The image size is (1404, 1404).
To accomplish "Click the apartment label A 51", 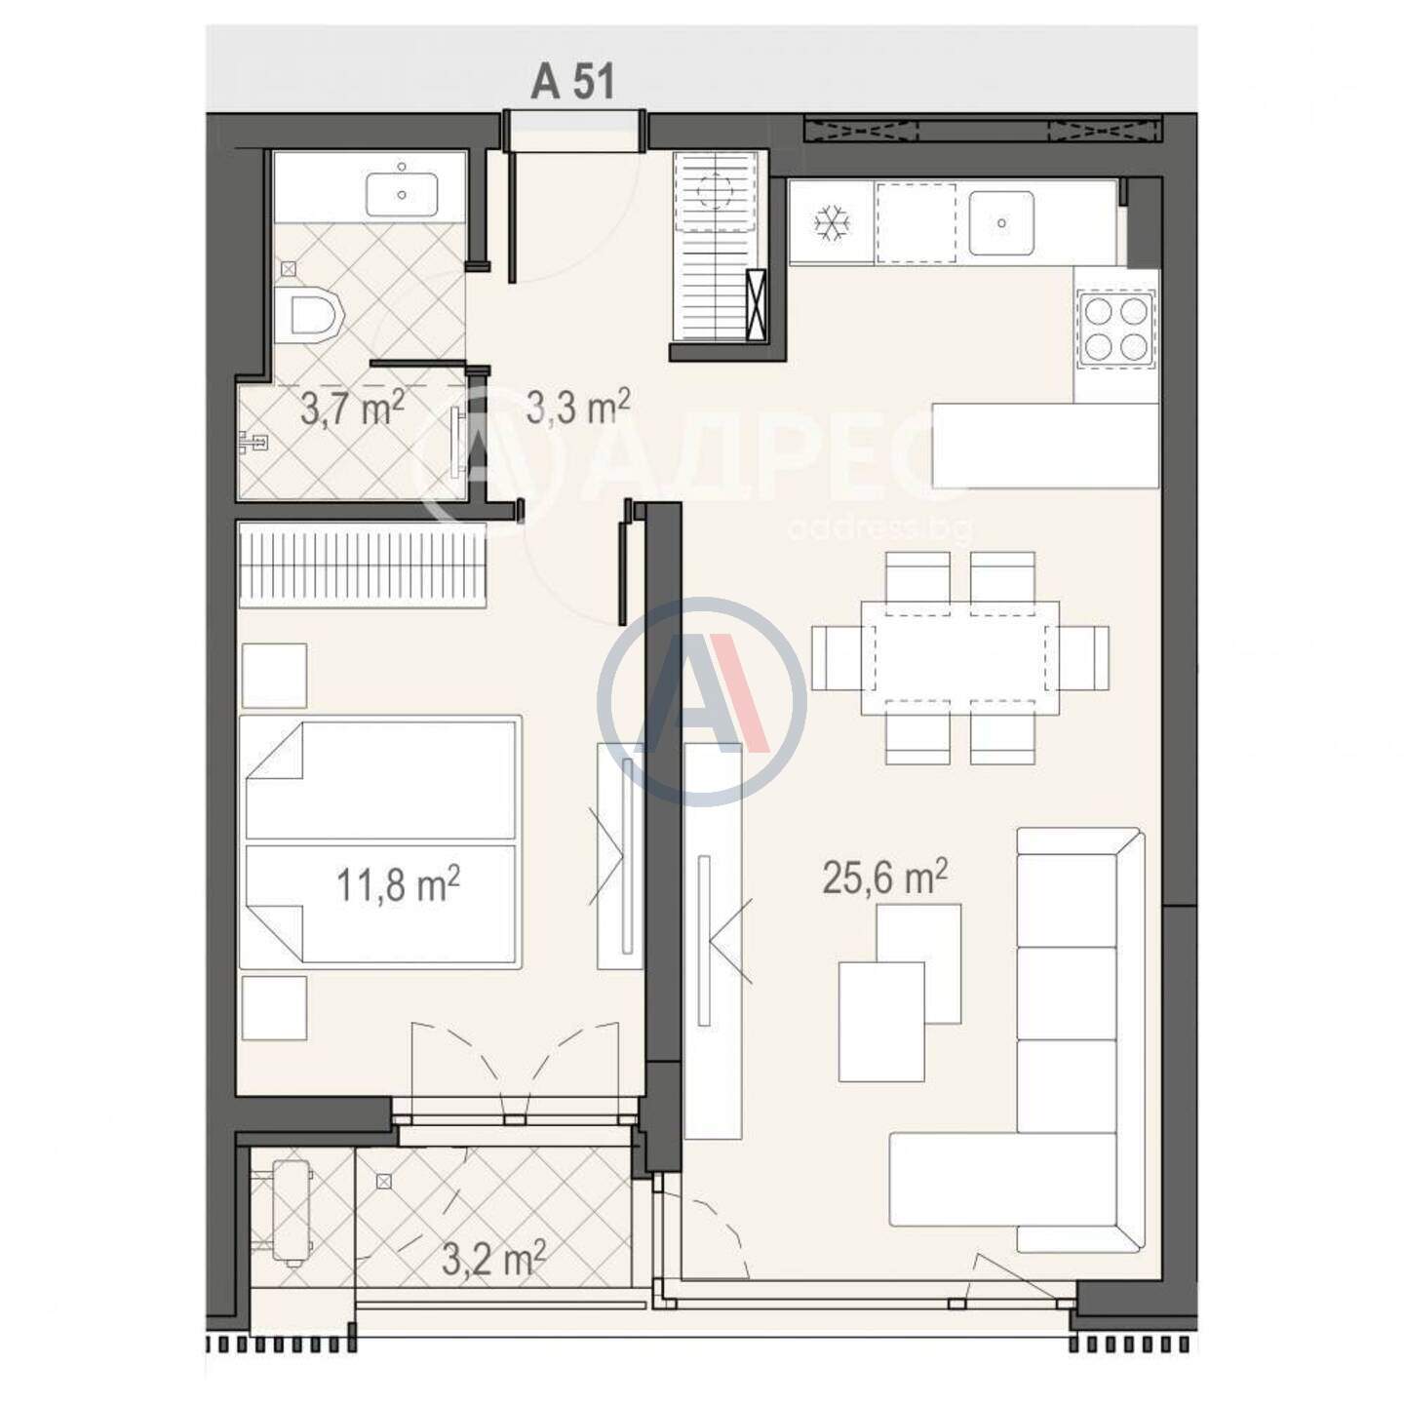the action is pyautogui.click(x=572, y=81).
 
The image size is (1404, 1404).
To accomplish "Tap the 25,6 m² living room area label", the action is pyautogui.click(x=885, y=877).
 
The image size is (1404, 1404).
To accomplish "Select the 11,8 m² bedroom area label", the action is pyautogui.click(x=399, y=886).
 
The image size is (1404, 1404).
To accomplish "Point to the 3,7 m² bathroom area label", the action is pyautogui.click(x=353, y=409).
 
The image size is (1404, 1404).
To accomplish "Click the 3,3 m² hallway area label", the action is pyautogui.click(x=578, y=408).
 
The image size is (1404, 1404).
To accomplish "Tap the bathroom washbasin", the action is pyautogui.click(x=402, y=194).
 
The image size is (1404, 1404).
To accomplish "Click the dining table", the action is pyautogui.click(x=960, y=669).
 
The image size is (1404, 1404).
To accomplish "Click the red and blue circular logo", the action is pyautogui.click(x=702, y=701).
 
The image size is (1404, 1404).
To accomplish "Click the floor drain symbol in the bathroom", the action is pyautogui.click(x=290, y=269).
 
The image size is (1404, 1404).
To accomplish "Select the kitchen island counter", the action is pyautogui.click(x=1045, y=446).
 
